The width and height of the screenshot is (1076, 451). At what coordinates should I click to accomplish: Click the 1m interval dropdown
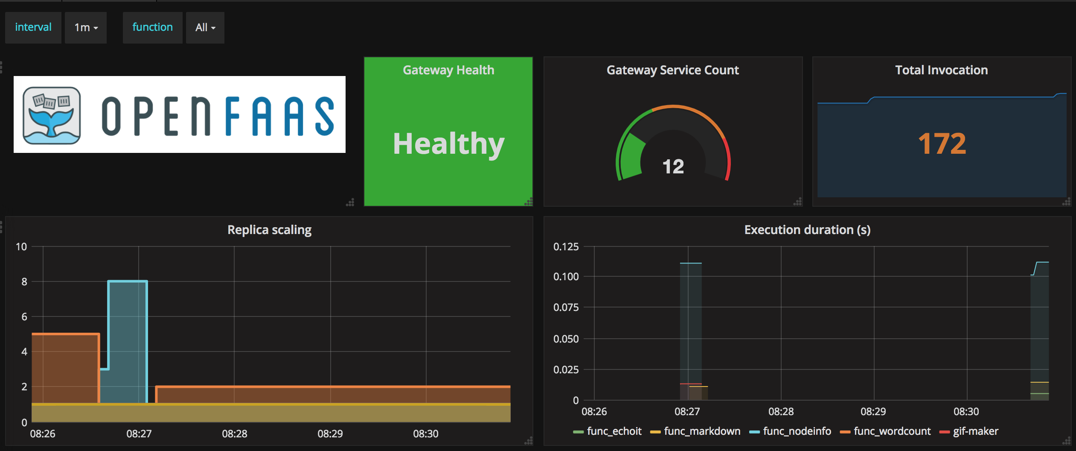point(86,28)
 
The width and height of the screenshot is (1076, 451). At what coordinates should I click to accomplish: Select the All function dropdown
point(205,28)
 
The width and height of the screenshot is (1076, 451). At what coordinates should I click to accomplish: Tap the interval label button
point(33,27)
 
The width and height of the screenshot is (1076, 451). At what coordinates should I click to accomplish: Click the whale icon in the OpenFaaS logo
point(52,115)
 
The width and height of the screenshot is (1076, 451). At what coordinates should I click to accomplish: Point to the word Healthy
point(448,143)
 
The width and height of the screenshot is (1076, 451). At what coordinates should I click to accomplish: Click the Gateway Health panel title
point(448,70)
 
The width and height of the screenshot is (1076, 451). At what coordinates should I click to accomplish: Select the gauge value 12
point(673,167)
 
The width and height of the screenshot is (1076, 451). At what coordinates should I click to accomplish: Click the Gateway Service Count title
point(672,70)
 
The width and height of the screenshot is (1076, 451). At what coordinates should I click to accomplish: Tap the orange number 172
point(942,143)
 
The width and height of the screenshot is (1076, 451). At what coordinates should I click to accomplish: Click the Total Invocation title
point(941,70)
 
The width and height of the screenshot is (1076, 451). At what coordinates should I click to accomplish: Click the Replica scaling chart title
point(269,230)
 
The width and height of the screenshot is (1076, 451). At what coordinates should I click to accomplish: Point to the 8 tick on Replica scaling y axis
point(24,281)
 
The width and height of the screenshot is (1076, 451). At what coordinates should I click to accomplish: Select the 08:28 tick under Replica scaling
point(234,434)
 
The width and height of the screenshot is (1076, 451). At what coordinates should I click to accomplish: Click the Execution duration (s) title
point(807,230)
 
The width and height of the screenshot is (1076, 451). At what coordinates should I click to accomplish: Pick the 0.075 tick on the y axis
point(566,307)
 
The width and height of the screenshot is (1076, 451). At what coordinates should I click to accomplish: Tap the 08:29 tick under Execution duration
point(873,412)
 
